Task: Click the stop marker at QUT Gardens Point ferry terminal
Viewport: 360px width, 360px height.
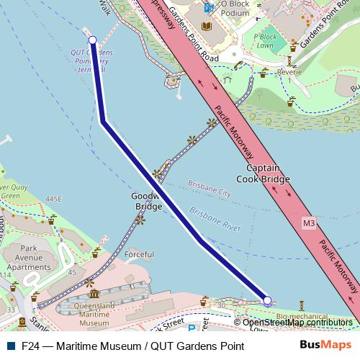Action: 92,40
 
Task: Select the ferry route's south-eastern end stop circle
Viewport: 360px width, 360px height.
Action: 267,300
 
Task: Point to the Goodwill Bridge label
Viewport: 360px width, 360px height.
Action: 148,201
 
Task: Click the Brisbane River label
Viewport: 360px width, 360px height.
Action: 215,220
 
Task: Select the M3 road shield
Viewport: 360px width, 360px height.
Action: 309,223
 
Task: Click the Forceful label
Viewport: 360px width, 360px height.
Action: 139,254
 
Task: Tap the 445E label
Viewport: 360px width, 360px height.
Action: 53,199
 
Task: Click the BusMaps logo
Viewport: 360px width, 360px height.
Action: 326,345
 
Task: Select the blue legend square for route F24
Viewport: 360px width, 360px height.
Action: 9,346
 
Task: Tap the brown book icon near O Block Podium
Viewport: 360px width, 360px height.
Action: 207,27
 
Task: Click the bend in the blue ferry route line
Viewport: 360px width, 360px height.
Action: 104,122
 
